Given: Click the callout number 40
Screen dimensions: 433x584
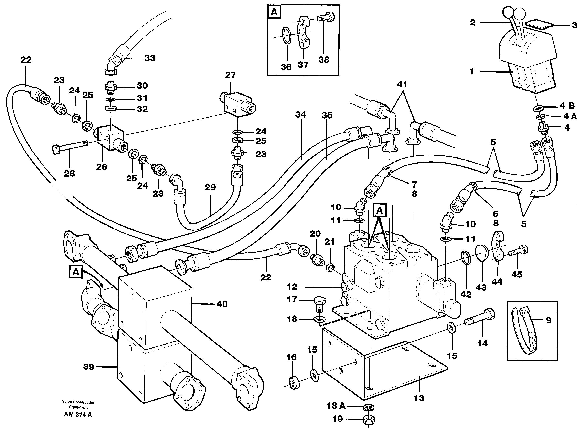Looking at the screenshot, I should click(222, 304).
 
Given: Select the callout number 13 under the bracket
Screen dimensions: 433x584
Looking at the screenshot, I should click(419, 398).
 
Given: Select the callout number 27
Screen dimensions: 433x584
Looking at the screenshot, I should click(230, 75).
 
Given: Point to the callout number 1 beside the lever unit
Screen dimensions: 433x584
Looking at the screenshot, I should click(472, 71).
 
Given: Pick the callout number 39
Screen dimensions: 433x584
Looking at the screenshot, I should click(88, 367).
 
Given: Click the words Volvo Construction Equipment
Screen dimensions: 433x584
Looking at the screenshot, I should click(78, 405).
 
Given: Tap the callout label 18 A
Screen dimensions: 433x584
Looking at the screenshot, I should click(336, 406).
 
